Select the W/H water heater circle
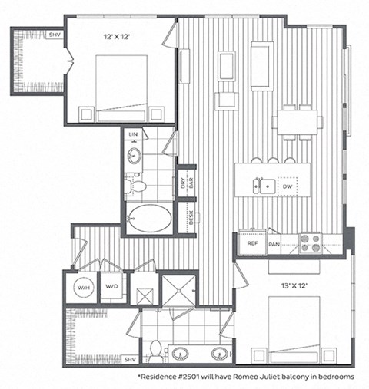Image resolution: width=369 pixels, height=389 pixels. click(81, 288)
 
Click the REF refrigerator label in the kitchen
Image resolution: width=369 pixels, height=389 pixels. click(251, 243)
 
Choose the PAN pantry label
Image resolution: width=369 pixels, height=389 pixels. click(274, 244)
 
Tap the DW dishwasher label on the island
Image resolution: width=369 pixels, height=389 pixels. click(287, 186)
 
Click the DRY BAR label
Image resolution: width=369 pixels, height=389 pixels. click(184, 183)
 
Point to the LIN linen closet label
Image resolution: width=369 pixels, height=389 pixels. click(133, 135)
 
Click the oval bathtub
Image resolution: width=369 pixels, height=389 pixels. click(149, 219)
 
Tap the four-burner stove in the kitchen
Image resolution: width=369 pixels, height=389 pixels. click(311, 242)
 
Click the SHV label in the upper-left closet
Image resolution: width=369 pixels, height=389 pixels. click(54, 35)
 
